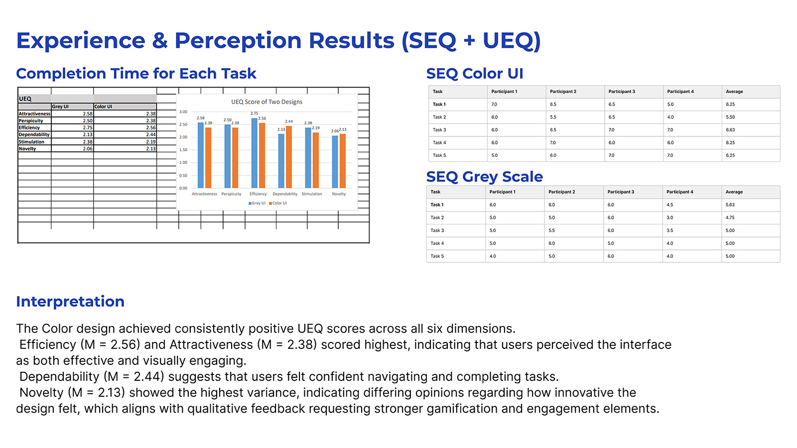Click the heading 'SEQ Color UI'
click(x=474, y=74)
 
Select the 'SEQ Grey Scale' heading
click(x=484, y=177)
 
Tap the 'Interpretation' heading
click(x=70, y=302)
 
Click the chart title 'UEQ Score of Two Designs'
click(x=266, y=102)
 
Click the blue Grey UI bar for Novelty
click(x=335, y=162)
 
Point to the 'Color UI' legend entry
click(x=278, y=203)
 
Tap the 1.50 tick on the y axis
click(x=183, y=150)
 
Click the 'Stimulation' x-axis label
click(x=312, y=194)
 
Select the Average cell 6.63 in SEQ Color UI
click(x=730, y=130)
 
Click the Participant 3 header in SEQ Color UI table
click(x=622, y=92)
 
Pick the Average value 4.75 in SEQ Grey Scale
click(x=730, y=218)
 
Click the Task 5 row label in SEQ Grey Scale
click(x=437, y=256)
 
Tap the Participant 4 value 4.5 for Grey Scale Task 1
click(x=669, y=205)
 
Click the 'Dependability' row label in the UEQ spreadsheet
click(x=34, y=135)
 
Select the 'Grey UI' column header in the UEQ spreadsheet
click(x=60, y=107)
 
